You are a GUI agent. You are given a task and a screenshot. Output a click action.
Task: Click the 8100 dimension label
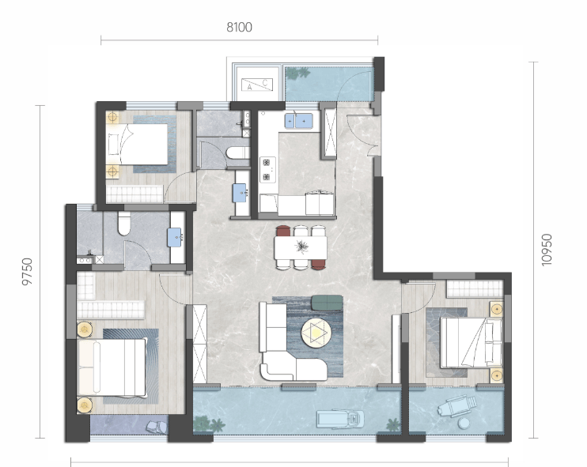(239, 28)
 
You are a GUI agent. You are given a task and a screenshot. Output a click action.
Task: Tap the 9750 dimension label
(28, 272)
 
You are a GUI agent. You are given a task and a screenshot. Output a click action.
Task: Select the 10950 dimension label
(547, 250)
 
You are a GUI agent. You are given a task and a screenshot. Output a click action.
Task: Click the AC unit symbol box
(257, 84)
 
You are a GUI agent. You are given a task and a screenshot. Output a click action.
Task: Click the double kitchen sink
(298, 121)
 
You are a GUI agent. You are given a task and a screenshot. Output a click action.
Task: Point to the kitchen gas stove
(267, 169)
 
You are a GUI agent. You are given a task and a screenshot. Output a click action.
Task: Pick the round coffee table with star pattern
(316, 332)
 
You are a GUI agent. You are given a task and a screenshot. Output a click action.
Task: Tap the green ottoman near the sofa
(328, 302)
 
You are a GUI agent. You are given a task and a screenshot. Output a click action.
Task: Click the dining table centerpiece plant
(301, 247)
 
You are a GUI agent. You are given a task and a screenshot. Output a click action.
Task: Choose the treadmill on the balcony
(340, 419)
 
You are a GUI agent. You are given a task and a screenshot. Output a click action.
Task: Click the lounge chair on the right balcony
(456, 406)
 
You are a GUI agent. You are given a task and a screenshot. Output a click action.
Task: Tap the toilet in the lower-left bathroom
(124, 224)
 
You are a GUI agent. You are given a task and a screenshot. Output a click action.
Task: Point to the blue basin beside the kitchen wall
(240, 193)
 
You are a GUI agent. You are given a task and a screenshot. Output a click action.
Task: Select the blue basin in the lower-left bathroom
(175, 238)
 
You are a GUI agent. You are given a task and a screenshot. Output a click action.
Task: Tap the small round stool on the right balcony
(464, 423)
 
